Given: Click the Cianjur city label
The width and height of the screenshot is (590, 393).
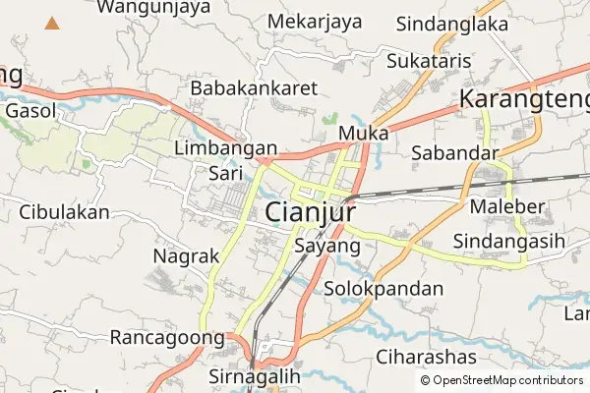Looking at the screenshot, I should pos(310,212).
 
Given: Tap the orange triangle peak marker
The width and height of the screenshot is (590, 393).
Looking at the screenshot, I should pos(51,21).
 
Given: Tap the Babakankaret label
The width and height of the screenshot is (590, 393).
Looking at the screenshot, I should pos(255,88).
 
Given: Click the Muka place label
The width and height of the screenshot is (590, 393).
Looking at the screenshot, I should pos(363,132).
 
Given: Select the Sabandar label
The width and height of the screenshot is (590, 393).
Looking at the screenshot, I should pos(455,152).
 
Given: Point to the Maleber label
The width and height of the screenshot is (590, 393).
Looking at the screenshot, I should pos(506,207).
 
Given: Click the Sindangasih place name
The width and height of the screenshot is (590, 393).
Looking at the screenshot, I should pos(508,241).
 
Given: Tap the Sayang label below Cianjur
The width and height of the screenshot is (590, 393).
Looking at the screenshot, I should pos(327,246).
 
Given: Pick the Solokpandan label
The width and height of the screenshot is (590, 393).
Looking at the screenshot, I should pos(383,290).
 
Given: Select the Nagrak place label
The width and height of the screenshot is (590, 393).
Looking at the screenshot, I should pos(187,255).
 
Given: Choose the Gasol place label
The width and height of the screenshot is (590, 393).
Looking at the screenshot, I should pos(30,111).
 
